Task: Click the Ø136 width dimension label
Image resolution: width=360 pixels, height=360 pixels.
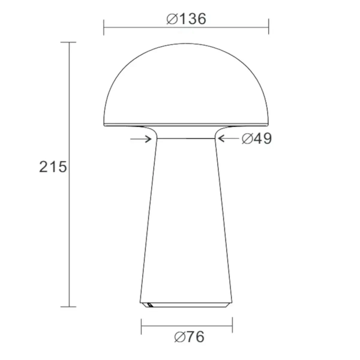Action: (186, 19)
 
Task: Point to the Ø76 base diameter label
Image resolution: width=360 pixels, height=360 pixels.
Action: (187, 337)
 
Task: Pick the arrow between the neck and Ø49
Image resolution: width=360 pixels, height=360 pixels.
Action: (228, 139)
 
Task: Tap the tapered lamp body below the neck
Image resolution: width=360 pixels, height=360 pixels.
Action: (186, 228)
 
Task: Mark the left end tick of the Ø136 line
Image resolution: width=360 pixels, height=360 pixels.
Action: (104, 26)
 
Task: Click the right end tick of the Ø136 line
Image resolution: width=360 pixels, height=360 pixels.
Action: (268, 26)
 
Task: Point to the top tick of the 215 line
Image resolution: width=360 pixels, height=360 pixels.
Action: (68, 43)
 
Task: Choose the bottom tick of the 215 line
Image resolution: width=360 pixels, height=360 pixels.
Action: (68, 307)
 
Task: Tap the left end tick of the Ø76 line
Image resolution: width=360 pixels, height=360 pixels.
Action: (141, 326)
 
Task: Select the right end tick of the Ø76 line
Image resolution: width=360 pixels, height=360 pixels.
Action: (232, 326)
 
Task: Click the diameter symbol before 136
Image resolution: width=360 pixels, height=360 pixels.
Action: (172, 19)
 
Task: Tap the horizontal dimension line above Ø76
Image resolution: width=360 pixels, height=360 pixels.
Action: (187, 326)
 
